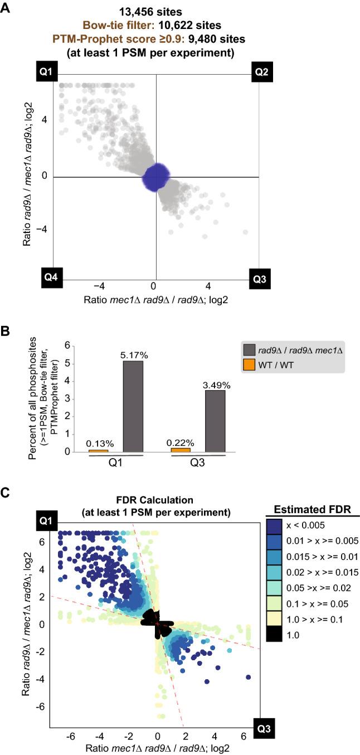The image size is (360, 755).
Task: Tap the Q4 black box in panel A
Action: click(x=51, y=277)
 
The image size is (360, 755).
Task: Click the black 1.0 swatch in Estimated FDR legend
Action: click(x=281, y=634)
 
